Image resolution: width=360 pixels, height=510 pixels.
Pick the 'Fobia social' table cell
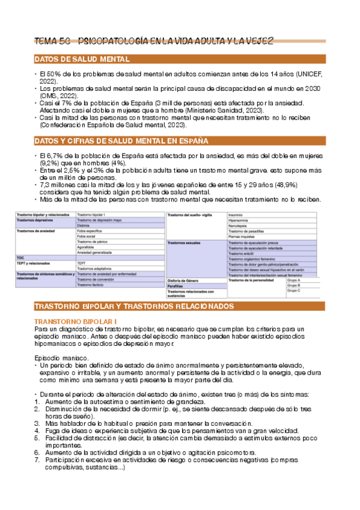pyautogui.click(x=89, y=236)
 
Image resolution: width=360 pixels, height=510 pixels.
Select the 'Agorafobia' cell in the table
pyautogui.click(x=88, y=247)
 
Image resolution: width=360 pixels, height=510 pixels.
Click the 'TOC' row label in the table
pyautogui.click(x=20, y=257)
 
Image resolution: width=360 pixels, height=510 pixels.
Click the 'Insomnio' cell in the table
pyautogui.click(x=237, y=215)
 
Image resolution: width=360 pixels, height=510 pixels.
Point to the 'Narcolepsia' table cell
pyautogui.click(x=239, y=226)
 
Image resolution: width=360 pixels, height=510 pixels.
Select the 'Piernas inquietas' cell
pyautogui.click(x=243, y=236)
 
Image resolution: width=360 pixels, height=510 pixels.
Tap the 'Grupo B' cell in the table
pyautogui.click(x=294, y=285)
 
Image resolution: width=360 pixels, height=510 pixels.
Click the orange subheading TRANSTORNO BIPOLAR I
pyautogui.click(x=76, y=322)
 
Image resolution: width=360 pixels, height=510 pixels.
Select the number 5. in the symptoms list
pyautogui.click(x=37, y=437)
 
